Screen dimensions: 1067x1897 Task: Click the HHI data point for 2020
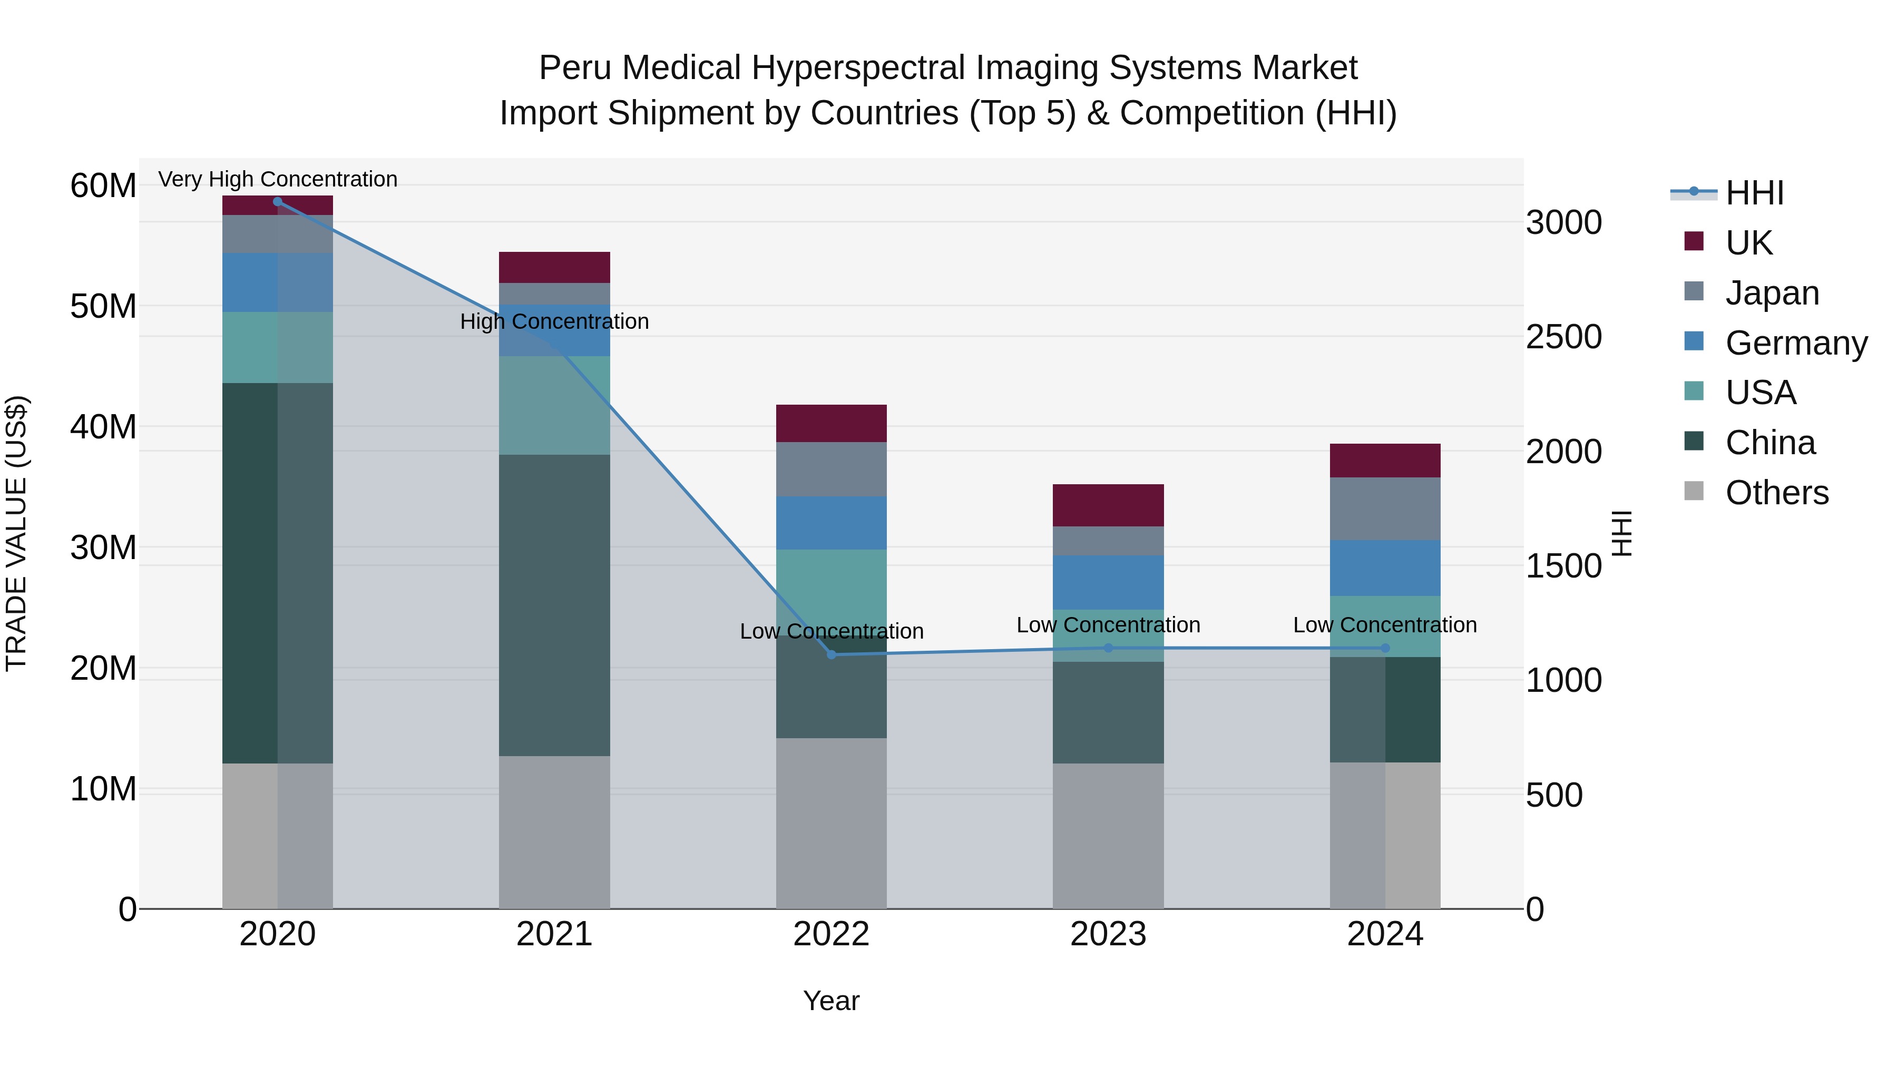[x=278, y=201]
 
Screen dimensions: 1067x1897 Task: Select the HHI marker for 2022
[x=832, y=654]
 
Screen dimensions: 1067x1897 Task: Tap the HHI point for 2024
[x=1385, y=648]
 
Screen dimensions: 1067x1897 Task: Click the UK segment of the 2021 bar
[x=554, y=267]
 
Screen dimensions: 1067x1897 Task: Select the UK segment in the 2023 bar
[x=1108, y=505]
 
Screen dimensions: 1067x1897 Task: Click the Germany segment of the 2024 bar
[x=1385, y=567]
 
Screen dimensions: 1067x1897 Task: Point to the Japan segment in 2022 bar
[x=832, y=469]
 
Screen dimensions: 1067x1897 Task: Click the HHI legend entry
[x=1753, y=193]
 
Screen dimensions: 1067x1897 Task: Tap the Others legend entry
[x=1776, y=493]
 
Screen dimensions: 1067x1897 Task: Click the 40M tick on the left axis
[x=103, y=427]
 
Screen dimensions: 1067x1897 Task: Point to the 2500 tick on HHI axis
[x=1563, y=337]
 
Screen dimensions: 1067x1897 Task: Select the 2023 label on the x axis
[x=1108, y=934]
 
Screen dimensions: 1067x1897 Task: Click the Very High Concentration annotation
[x=278, y=179]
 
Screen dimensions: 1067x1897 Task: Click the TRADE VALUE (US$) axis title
[x=16, y=533]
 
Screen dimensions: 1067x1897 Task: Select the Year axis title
[x=832, y=1001]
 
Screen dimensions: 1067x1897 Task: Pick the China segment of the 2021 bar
[x=554, y=604]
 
